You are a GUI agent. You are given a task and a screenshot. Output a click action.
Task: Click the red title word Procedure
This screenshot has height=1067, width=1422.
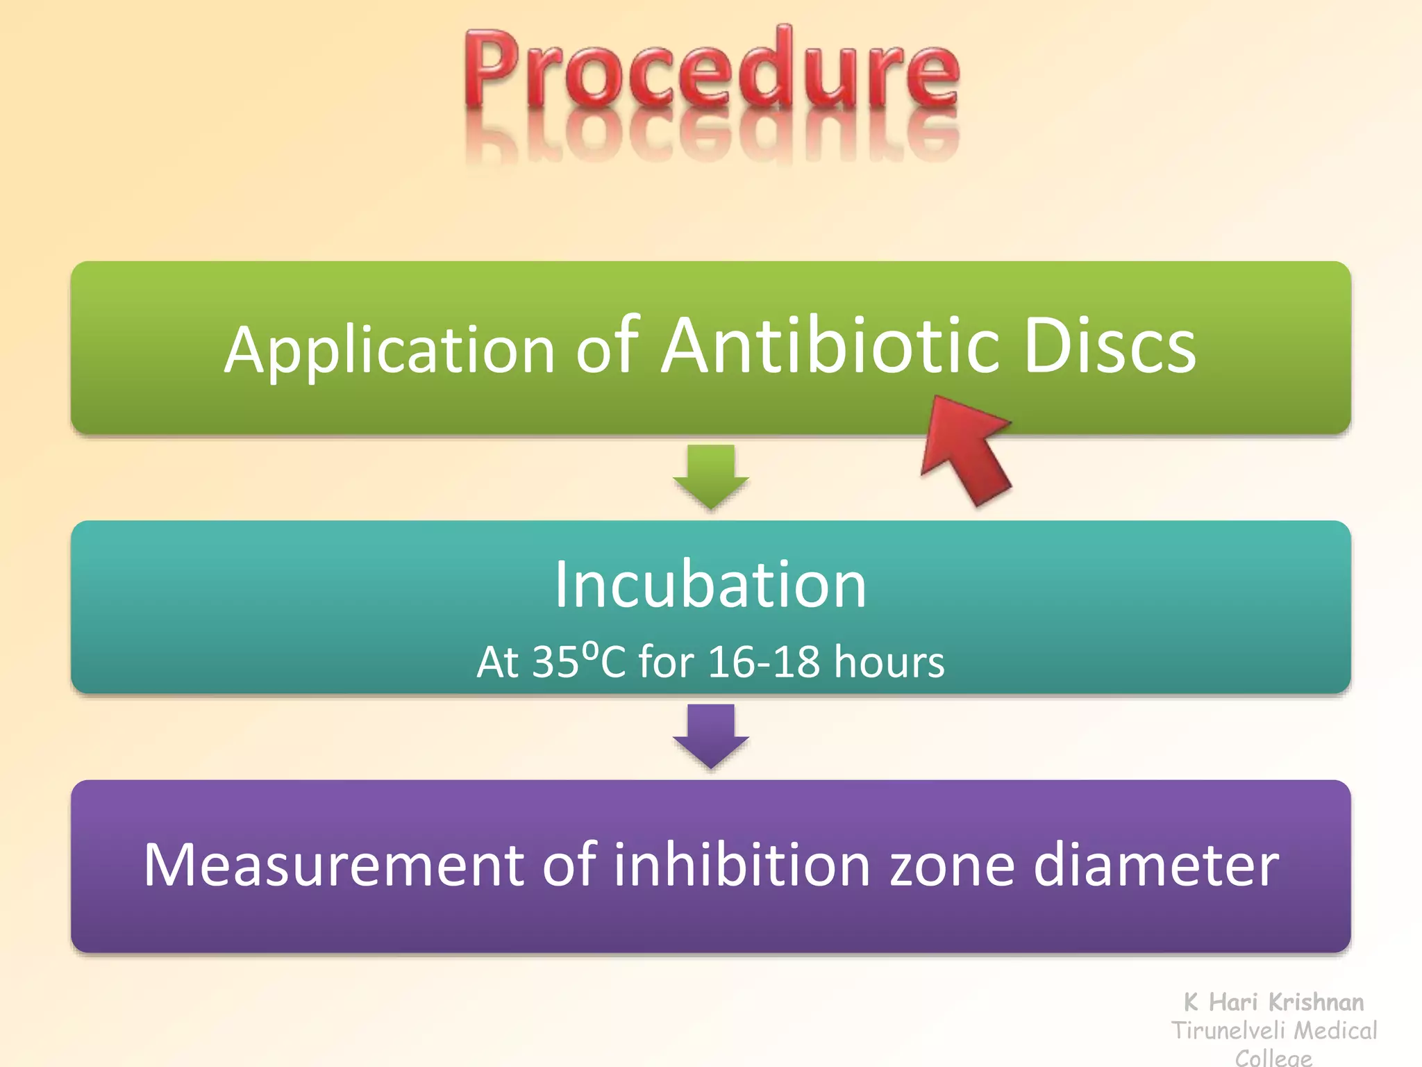(711, 69)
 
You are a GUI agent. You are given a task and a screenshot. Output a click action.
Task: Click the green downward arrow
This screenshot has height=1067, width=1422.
(711, 476)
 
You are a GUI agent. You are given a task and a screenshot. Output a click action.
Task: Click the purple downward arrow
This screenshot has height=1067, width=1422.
(711, 735)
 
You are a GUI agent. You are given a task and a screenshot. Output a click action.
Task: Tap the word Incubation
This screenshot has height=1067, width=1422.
(711, 584)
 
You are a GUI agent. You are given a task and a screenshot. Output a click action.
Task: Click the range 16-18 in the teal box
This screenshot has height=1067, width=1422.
(764, 661)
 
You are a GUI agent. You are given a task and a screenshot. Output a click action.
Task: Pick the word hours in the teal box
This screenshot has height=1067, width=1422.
(889, 661)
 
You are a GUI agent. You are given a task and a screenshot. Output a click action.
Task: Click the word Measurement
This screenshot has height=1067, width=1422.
(333, 865)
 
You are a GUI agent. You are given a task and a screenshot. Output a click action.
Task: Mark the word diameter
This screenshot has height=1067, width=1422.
(1156, 865)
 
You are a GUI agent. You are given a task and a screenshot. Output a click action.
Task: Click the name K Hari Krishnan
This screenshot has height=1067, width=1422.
(1273, 1002)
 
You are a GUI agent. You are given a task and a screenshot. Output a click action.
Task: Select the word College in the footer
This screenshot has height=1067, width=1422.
(1273, 1057)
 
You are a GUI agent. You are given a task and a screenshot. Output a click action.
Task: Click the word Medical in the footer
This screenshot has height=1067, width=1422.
(1336, 1030)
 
